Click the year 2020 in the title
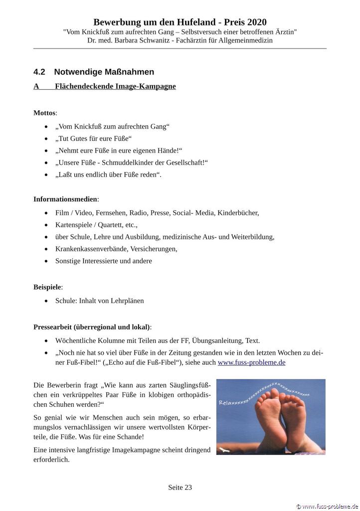(256, 22)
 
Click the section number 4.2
(39, 72)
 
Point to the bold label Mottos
(44, 113)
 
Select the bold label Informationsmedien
(65, 199)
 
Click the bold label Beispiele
(47, 287)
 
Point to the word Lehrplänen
(127, 300)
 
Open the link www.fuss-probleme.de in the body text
(251, 362)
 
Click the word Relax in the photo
(227, 401)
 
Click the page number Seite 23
(180, 488)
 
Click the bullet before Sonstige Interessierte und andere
(46, 261)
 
